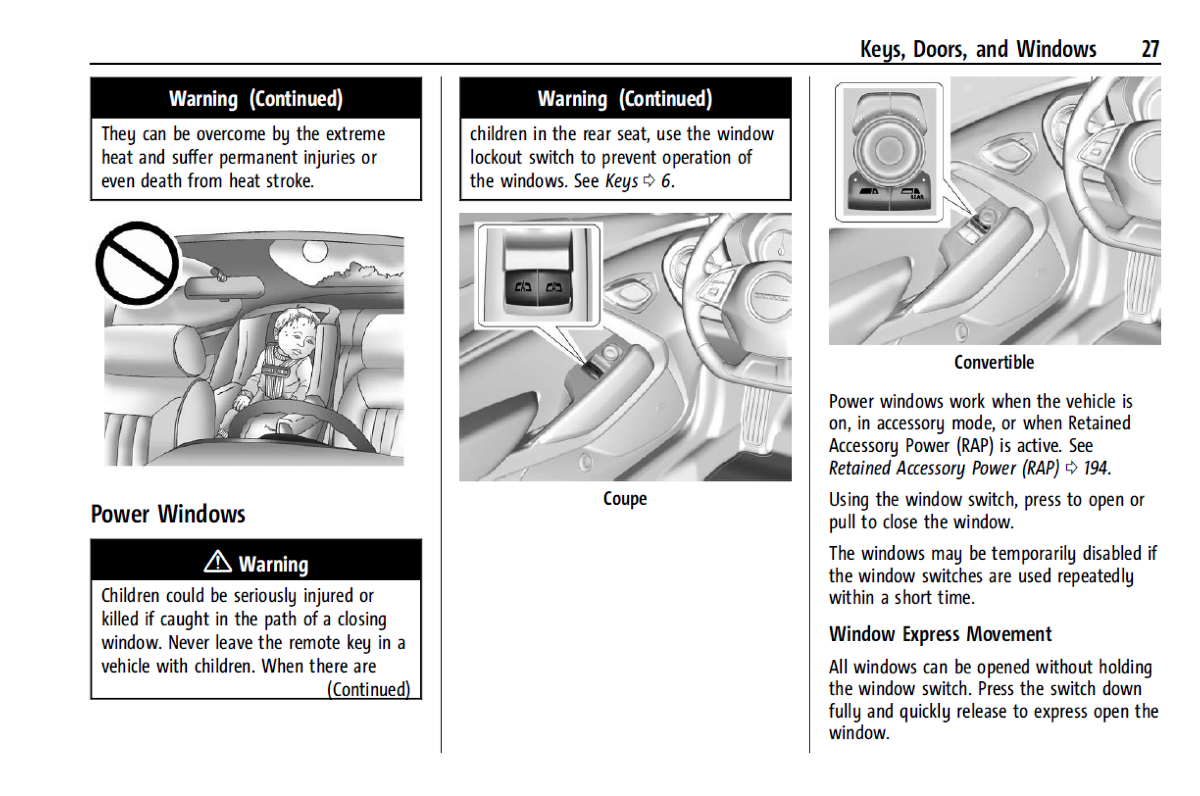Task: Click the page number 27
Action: (x=1150, y=49)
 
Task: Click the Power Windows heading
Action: (x=168, y=514)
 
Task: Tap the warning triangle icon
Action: (x=218, y=562)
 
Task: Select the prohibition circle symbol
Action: (x=137, y=263)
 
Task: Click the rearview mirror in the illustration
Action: (x=224, y=287)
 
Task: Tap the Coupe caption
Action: (x=625, y=498)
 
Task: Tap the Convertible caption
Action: (x=993, y=362)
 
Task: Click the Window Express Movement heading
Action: (x=940, y=634)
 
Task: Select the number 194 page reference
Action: (x=1096, y=468)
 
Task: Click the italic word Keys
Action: (x=621, y=181)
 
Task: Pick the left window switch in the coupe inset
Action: (x=522, y=287)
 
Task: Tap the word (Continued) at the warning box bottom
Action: (x=368, y=689)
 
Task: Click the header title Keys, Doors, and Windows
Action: (x=977, y=49)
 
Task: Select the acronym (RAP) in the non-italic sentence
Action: (x=976, y=445)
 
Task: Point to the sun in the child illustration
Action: (x=314, y=250)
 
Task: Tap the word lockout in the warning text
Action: (x=496, y=157)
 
